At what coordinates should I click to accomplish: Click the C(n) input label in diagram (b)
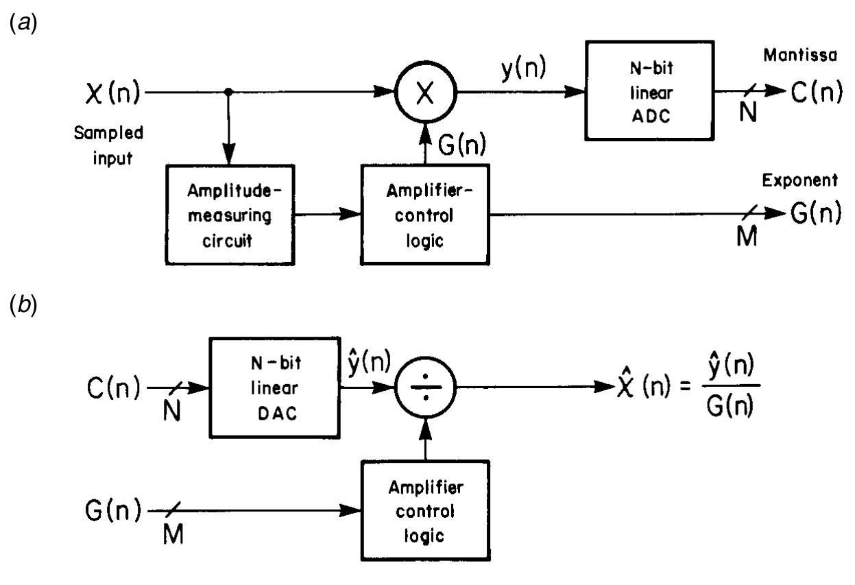coord(114,390)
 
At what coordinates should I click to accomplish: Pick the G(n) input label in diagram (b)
coord(114,511)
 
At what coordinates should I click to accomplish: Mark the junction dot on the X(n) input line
coord(228,92)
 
